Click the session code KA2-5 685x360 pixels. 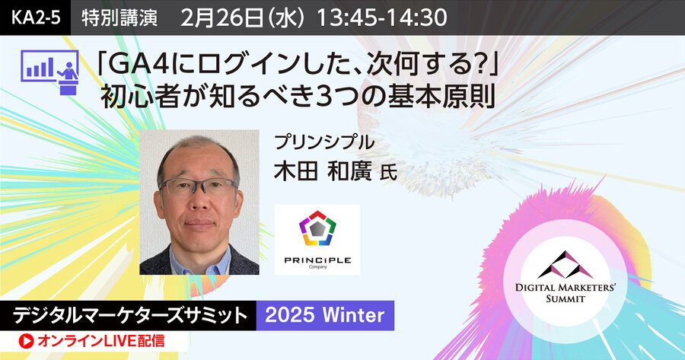point(36,18)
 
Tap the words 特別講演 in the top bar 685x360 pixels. point(119,18)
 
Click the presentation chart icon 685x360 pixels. point(49,72)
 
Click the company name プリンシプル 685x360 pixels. point(324,142)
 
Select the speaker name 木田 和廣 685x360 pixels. point(323,170)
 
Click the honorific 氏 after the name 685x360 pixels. point(388,173)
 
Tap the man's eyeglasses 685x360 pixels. point(198,186)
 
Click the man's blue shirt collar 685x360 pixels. point(199,257)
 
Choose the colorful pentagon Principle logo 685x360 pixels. point(317,228)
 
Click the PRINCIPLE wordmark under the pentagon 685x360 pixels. point(317,260)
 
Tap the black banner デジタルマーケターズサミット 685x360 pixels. point(128,315)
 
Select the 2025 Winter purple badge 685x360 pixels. point(325,315)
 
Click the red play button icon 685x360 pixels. point(26,342)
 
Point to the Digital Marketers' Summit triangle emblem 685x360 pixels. point(566,265)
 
